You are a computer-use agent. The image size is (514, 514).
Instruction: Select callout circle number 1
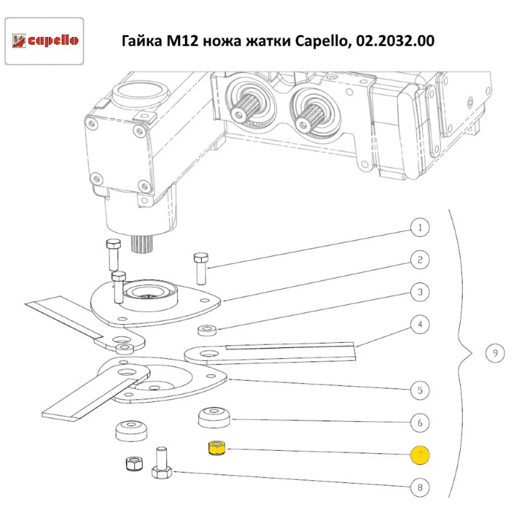(420, 227)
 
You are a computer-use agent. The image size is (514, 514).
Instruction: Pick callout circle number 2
(420, 260)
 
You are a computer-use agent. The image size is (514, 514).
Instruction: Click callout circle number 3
(420, 292)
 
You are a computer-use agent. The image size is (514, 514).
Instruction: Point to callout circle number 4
(420, 325)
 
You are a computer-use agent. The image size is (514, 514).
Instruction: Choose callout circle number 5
(420, 390)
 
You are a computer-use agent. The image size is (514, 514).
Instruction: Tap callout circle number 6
(420, 423)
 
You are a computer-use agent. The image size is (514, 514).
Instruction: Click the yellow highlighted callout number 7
(420, 455)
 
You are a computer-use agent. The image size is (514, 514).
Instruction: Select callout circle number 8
(420, 487)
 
